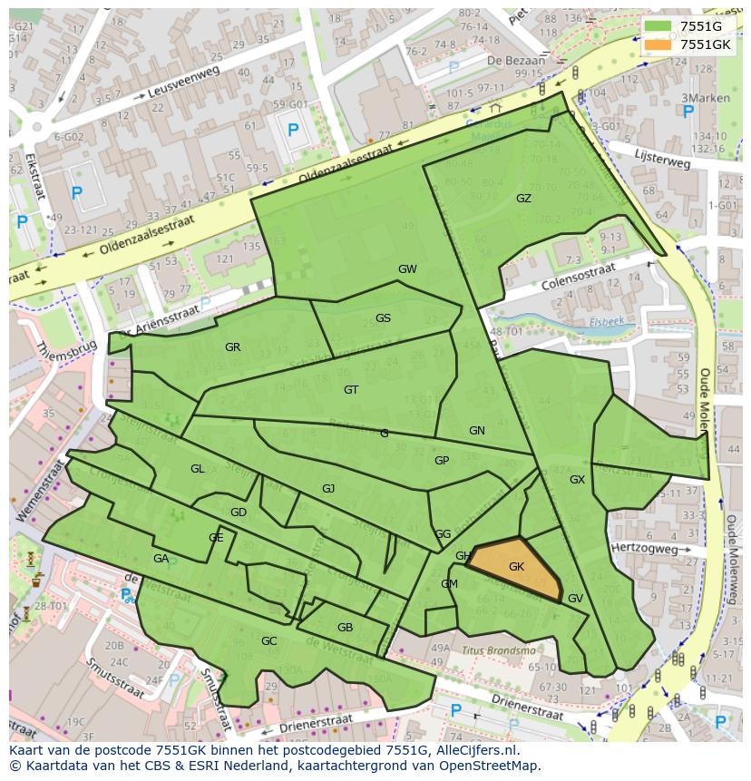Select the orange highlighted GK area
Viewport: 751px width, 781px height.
click(515, 568)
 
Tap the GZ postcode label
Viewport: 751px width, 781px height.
click(523, 199)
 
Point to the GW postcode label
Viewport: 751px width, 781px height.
click(407, 269)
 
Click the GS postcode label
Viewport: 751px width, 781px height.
click(383, 318)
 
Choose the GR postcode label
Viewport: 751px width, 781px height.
click(232, 347)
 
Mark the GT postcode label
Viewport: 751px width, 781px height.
click(351, 390)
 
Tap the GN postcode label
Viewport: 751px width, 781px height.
click(477, 431)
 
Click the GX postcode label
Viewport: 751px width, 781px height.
click(577, 480)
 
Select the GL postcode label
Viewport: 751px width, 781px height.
click(197, 469)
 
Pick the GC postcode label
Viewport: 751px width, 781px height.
click(268, 641)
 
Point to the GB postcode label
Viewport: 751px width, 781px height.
click(345, 628)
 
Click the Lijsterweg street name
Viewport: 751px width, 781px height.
click(663, 159)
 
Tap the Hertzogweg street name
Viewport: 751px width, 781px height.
click(644, 550)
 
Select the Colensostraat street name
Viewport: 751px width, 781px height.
click(577, 275)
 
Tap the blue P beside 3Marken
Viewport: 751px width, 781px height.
click(688, 112)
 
